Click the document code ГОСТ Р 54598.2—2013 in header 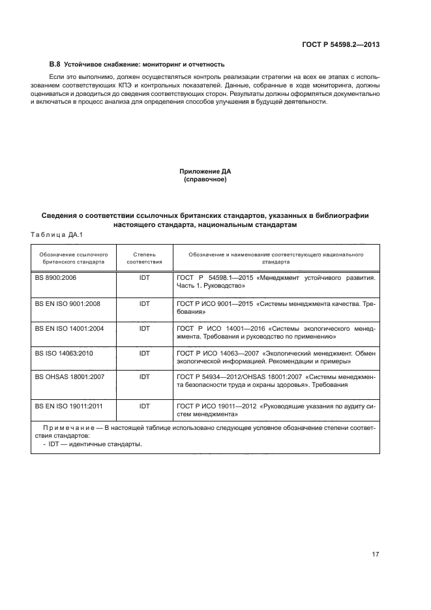(x=342, y=44)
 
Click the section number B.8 (x=55, y=65)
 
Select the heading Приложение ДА (x=205, y=171)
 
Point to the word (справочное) (x=205, y=179)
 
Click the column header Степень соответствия (x=144, y=257)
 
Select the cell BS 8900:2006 (x=55, y=277)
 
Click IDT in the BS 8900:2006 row (x=144, y=277)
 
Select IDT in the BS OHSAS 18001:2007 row (x=144, y=377)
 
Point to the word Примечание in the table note (x=67, y=428)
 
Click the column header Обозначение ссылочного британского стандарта (x=73, y=257)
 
